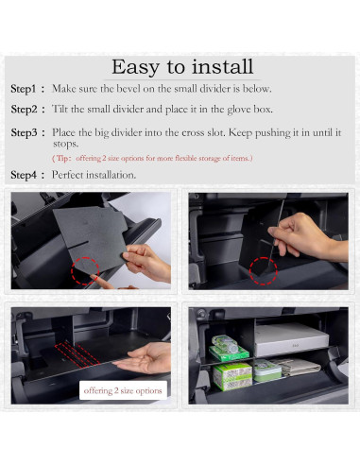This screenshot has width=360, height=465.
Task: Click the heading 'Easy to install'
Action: (x=182, y=66)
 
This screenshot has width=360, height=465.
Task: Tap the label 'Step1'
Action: (x=27, y=89)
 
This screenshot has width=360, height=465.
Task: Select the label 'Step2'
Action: (x=27, y=110)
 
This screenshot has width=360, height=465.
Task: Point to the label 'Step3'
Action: (x=27, y=132)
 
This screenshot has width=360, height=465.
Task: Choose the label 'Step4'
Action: (x=27, y=175)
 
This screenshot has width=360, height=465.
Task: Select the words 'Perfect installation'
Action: (x=94, y=175)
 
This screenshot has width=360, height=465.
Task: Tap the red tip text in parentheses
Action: (x=152, y=159)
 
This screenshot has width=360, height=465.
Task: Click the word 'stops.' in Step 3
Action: (x=65, y=144)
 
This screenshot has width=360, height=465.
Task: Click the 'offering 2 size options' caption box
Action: (x=124, y=389)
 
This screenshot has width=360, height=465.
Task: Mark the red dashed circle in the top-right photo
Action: (x=262, y=268)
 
